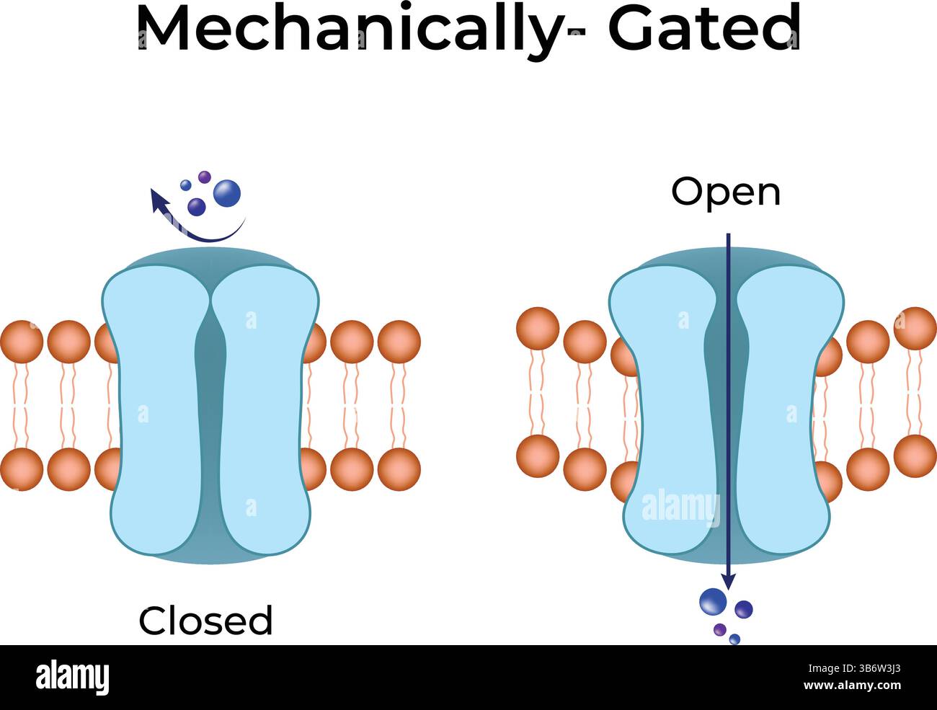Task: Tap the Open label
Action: tap(725, 192)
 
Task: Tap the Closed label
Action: tap(205, 621)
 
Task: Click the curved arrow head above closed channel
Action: tap(157, 198)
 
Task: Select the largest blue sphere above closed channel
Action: tap(227, 193)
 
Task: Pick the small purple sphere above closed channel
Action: tap(205, 176)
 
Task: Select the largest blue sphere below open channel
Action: tap(713, 601)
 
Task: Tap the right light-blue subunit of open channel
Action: tap(786, 411)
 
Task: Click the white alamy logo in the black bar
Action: tap(72, 678)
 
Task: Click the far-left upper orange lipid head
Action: tap(21, 341)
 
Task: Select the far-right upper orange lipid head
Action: tap(915, 328)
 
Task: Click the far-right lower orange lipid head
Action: tap(915, 456)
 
